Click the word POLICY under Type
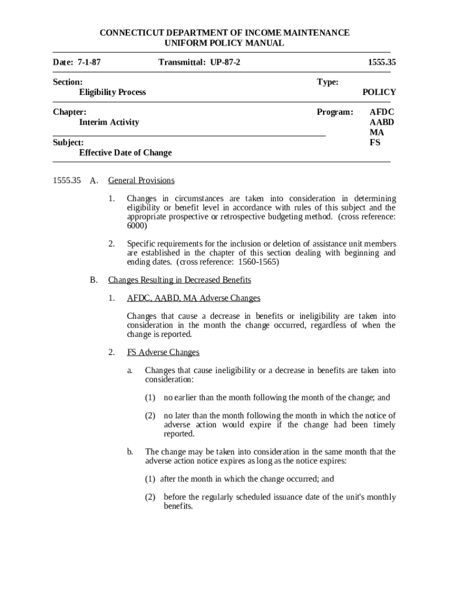tap(379, 92)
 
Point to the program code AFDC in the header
tap(382, 112)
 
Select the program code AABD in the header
tap(382, 122)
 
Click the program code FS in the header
tap(375, 142)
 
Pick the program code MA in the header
tap(377, 132)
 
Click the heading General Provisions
tap(141, 181)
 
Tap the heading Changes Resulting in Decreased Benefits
tap(180, 280)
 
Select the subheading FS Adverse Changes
tap(163, 353)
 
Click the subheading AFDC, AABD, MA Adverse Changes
tap(194, 298)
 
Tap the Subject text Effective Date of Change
tap(125, 153)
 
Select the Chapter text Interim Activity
tap(109, 122)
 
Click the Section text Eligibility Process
tap(113, 92)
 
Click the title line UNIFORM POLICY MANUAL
tap(224, 43)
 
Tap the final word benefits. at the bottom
tap(178, 507)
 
